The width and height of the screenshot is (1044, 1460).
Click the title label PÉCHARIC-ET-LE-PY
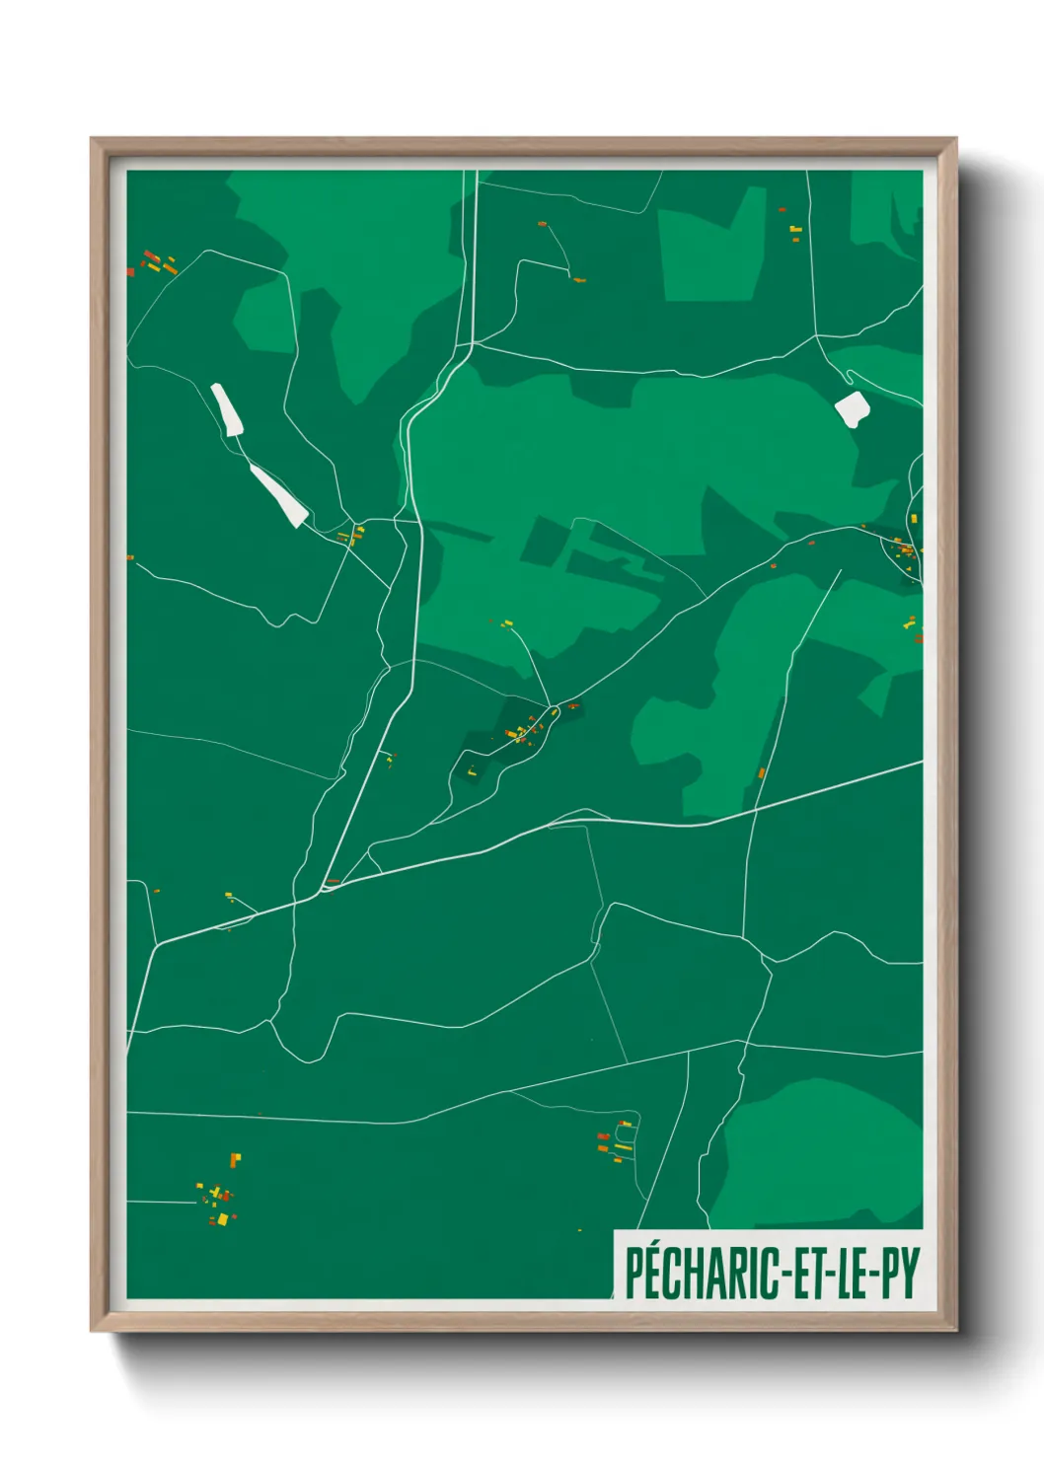click(x=771, y=1273)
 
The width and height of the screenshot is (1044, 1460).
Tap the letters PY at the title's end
click(x=900, y=1273)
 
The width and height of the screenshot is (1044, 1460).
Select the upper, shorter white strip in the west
click(x=227, y=409)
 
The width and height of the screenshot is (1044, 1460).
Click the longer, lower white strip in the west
click(x=280, y=496)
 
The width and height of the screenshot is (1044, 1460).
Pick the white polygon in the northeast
click(x=851, y=408)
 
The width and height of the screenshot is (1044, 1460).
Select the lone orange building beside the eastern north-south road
click(x=762, y=773)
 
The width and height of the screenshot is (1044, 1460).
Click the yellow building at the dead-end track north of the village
click(x=508, y=622)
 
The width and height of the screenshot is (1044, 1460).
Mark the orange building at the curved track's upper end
click(x=542, y=225)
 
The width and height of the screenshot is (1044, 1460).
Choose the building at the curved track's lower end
click(x=579, y=280)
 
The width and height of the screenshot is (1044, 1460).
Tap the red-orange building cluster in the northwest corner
click(x=156, y=262)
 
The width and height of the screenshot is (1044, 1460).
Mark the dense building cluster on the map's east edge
click(x=903, y=548)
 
